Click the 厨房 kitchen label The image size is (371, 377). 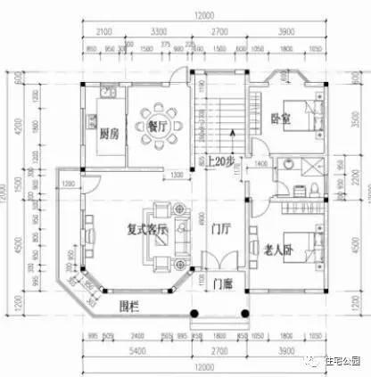coord(108,135)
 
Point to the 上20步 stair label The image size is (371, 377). coord(220,161)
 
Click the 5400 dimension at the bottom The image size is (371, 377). coord(136,352)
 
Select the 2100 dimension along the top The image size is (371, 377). coord(101,32)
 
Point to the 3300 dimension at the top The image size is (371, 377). coord(161,32)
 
